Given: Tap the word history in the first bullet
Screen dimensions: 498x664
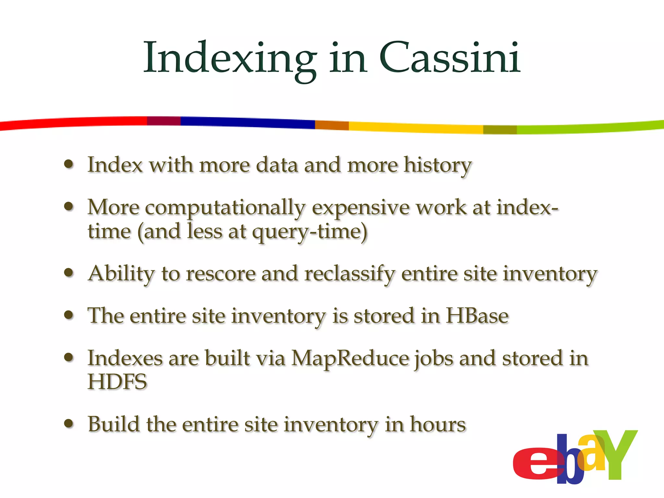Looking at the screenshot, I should (x=437, y=165).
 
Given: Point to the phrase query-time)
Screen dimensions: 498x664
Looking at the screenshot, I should (x=310, y=232).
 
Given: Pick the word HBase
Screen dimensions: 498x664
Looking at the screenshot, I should (x=477, y=316).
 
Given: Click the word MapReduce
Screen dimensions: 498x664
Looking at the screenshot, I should (x=350, y=359).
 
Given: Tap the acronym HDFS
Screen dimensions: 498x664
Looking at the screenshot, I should (x=117, y=382).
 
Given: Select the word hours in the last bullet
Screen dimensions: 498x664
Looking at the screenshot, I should (x=438, y=424).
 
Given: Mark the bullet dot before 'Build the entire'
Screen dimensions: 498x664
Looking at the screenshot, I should (x=68, y=423).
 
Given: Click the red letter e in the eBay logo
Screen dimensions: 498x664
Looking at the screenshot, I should (x=535, y=464).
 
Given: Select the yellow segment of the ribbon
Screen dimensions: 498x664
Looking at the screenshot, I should (x=415, y=127).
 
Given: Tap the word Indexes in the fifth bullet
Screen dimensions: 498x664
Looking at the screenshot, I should (x=125, y=359).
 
